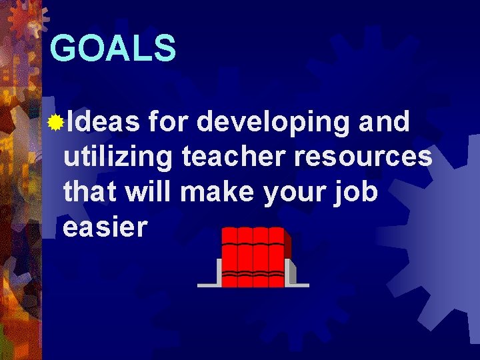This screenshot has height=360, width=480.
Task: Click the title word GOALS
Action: click(113, 49)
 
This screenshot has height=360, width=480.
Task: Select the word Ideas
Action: click(103, 123)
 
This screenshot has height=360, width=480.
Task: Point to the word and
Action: click(384, 123)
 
